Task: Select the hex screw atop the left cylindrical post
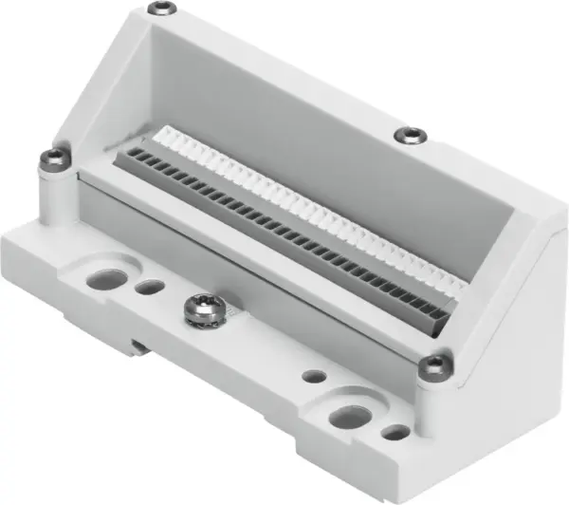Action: click(51, 160)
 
